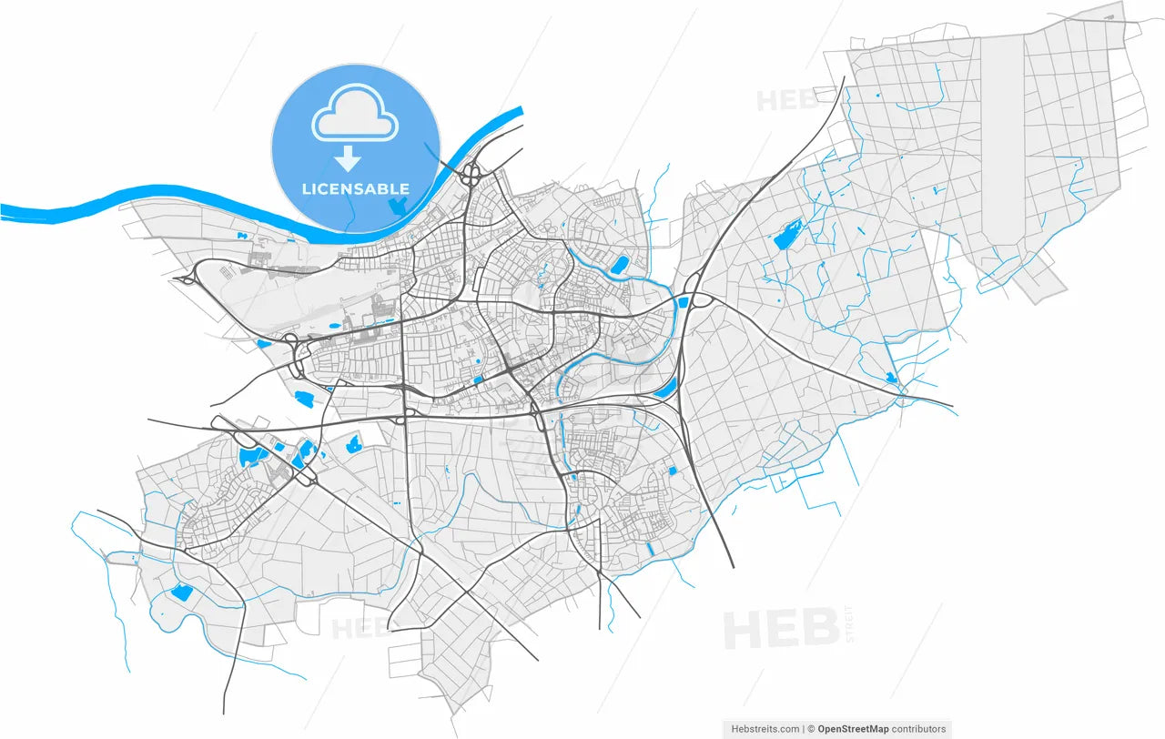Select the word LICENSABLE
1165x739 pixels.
(x=355, y=188)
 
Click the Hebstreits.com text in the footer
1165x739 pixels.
(x=765, y=729)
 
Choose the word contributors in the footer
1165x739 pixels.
(x=918, y=729)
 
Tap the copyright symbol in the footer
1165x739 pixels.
(x=811, y=729)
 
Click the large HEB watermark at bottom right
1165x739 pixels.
(x=781, y=628)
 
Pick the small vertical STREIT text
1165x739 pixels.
(x=850, y=625)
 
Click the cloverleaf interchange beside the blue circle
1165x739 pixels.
(x=472, y=174)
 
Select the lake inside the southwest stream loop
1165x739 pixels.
(x=181, y=593)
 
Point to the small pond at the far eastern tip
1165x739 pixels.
(x=890, y=377)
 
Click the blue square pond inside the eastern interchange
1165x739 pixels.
(x=684, y=302)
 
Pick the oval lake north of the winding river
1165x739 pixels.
(x=621, y=265)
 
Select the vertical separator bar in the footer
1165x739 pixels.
(x=804, y=729)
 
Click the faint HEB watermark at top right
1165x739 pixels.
(x=781, y=100)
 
